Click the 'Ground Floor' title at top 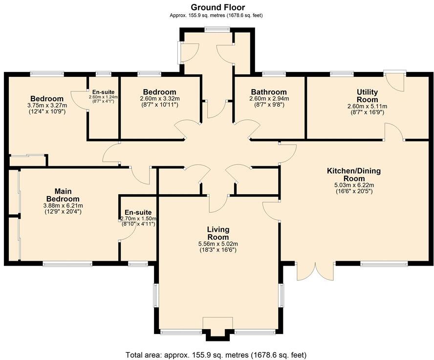(217, 7)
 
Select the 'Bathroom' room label (268, 92)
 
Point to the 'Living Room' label (218, 233)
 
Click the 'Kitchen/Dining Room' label (353, 175)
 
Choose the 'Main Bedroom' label (63, 195)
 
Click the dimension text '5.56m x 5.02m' (218, 244)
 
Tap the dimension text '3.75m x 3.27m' (47, 105)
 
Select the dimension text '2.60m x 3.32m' (159, 98)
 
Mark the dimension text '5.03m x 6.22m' (353, 185)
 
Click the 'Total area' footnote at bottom (217, 354)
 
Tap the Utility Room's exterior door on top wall (395, 81)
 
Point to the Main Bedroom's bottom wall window (67, 264)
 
